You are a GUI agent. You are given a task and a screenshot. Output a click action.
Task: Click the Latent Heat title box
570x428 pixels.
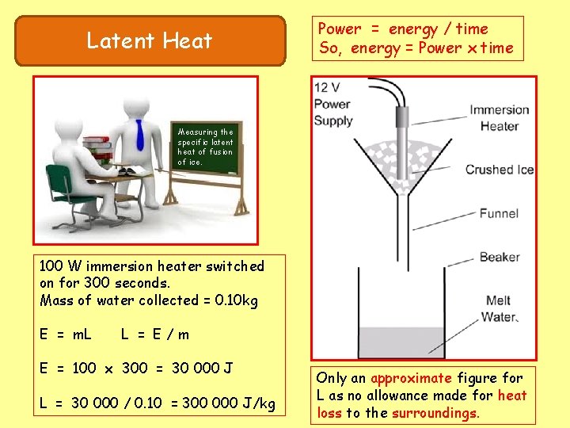pyautogui.click(x=150, y=40)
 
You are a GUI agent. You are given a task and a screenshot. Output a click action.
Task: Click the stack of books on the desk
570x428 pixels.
pyautogui.click(x=96, y=151)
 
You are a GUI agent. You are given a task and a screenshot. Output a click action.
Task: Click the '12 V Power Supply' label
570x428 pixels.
pyautogui.click(x=333, y=104)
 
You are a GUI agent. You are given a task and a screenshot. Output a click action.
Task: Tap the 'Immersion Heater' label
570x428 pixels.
pyautogui.click(x=499, y=117)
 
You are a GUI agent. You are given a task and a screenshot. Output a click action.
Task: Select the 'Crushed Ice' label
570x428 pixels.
pyautogui.click(x=499, y=170)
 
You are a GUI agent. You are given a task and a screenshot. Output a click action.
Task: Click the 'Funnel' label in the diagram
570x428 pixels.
pyautogui.click(x=499, y=213)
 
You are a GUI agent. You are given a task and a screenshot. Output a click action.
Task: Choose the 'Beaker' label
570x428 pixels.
pyautogui.click(x=500, y=257)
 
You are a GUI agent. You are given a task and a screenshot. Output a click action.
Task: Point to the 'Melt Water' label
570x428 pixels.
pyautogui.click(x=500, y=308)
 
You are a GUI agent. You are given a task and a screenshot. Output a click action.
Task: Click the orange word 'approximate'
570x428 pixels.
pyautogui.click(x=410, y=379)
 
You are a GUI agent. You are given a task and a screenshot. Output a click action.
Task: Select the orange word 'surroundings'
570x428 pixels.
pyautogui.click(x=436, y=413)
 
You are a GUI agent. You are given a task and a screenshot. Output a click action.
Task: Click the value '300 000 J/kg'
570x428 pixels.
pyautogui.click(x=228, y=404)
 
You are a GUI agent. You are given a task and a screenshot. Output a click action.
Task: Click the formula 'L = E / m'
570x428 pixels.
pyautogui.click(x=155, y=334)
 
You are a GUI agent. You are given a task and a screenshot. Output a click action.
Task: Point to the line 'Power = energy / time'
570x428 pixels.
pyautogui.click(x=403, y=29)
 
